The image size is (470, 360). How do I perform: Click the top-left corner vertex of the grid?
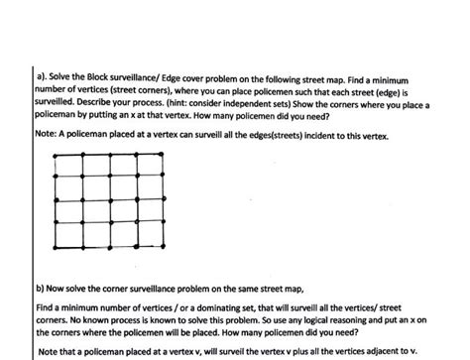(x=58, y=155)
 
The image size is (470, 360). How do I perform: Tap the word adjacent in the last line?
(x=362, y=350)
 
